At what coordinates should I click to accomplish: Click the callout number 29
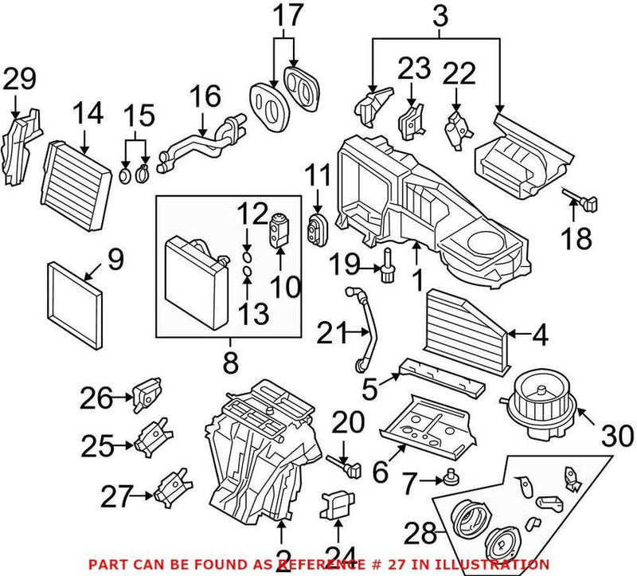[20, 79]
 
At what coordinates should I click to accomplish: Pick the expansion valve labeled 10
[281, 232]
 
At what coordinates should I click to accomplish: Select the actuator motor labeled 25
[151, 440]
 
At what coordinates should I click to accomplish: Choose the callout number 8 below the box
[230, 365]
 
